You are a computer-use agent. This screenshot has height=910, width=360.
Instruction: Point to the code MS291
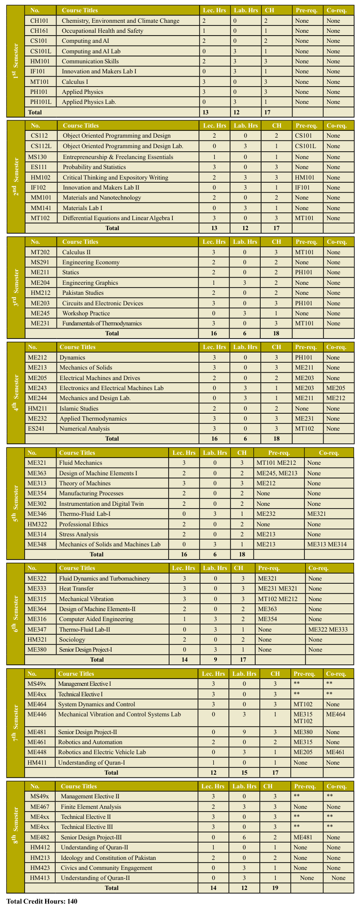tap(40, 262)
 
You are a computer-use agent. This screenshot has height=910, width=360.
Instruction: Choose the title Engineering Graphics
tap(90, 283)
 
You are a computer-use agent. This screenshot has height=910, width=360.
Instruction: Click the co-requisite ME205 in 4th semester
tap(336, 388)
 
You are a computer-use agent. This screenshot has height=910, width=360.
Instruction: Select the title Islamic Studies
tap(78, 409)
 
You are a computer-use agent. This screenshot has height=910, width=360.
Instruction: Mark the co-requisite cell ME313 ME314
tap(327, 545)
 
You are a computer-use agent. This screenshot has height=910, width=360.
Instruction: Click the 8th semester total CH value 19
tap(274, 888)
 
